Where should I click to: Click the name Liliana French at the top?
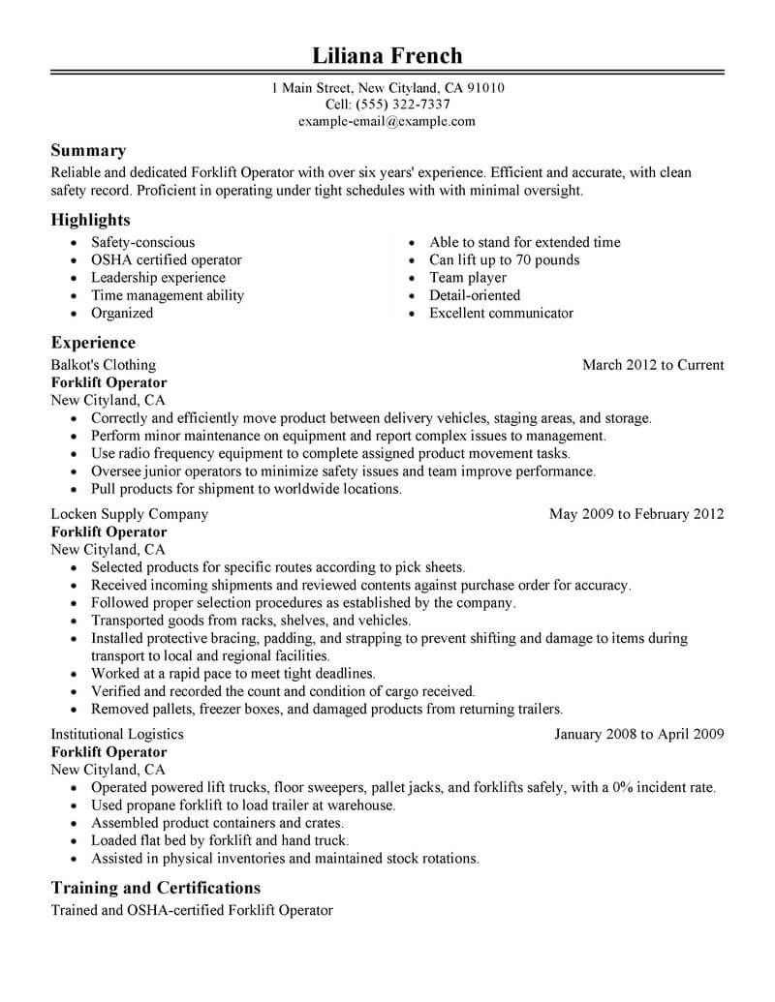pyautogui.click(x=387, y=54)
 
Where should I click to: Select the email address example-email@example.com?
pyautogui.click(x=387, y=122)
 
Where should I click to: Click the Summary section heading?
pyautogui.click(x=88, y=151)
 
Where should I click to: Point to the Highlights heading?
pyautogui.click(x=90, y=221)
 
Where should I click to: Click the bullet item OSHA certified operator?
pyautogui.click(x=166, y=260)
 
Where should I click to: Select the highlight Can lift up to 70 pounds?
pyautogui.click(x=504, y=260)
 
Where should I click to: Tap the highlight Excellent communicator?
pyautogui.click(x=501, y=314)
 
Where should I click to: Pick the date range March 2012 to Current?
pyautogui.click(x=652, y=366)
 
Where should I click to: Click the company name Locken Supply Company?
pyautogui.click(x=129, y=515)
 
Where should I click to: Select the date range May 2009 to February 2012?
pyautogui.click(x=635, y=515)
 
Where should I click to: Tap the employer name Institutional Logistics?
pyautogui.click(x=117, y=735)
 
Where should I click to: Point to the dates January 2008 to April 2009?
pyautogui.click(x=638, y=735)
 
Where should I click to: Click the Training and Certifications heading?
pyautogui.click(x=155, y=888)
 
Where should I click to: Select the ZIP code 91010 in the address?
pyautogui.click(x=483, y=88)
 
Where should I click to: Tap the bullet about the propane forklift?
pyautogui.click(x=242, y=805)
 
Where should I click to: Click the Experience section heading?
pyautogui.click(x=93, y=344)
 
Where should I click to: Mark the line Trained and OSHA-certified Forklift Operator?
pyautogui.click(x=191, y=911)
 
